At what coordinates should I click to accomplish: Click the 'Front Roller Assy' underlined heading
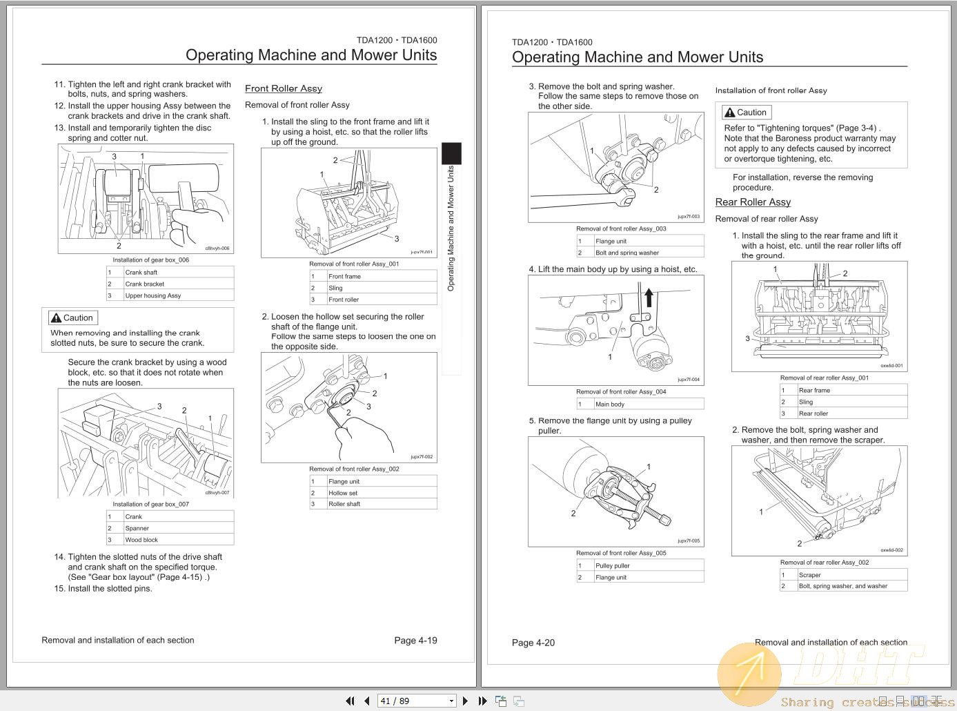284,88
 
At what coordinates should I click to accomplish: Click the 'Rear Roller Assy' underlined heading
753,202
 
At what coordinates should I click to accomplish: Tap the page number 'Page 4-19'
415,640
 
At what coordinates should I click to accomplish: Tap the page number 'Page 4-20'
533,643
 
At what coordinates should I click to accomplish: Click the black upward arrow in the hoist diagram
649,298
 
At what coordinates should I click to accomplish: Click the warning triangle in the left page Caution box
56,318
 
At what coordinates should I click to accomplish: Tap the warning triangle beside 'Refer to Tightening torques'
729,113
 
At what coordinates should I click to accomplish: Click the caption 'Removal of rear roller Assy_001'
825,378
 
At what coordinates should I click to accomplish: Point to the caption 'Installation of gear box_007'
150,504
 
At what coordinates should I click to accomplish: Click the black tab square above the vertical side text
451,153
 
